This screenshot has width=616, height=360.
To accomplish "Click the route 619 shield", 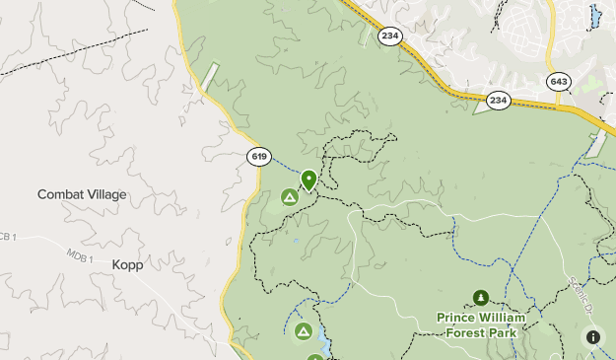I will tap(259, 157).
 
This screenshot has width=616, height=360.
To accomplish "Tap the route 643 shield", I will tap(560, 81).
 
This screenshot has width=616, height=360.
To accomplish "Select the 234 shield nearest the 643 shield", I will tap(498, 100).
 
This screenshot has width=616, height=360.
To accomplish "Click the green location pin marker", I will tap(308, 180).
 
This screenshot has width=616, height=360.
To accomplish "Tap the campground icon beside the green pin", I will tap(290, 197).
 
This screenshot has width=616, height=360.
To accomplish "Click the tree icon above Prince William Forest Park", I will tap(480, 297).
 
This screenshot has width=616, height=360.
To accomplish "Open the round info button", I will tap(593, 337).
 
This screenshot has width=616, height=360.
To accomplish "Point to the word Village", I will tap(105, 194).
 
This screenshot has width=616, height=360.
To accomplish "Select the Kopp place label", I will tap(127, 264).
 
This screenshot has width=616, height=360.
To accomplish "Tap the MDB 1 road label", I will tap(79, 258).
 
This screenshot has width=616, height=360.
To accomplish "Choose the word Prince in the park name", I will tap(460, 318).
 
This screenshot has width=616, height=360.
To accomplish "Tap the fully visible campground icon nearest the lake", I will tap(304, 329).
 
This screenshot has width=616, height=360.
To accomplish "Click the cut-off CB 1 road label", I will tap(8, 237).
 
